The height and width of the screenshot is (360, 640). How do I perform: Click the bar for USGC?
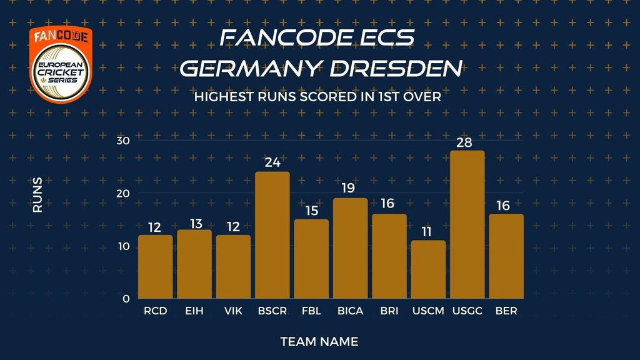click(467, 225)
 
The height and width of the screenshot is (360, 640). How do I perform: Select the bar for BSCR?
click(272, 235)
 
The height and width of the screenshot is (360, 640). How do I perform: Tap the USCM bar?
click(428, 269)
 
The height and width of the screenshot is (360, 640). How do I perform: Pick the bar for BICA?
click(350, 248)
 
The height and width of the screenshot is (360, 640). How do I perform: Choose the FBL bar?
click(311, 259)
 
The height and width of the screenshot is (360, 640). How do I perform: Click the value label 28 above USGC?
click(464, 142)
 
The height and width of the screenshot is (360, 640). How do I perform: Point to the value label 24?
click(272, 163)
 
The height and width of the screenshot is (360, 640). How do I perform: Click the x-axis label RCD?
click(155, 311)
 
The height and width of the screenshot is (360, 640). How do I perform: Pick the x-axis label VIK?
click(233, 311)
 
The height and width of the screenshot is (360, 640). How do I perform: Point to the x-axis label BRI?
click(389, 311)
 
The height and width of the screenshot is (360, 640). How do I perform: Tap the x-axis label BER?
click(506, 311)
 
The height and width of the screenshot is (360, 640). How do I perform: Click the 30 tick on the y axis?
click(122, 140)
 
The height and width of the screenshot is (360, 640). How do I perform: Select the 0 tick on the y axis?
click(126, 299)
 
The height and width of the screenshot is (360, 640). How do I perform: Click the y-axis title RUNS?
click(37, 194)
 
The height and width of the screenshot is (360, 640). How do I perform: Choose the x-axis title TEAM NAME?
click(319, 342)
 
